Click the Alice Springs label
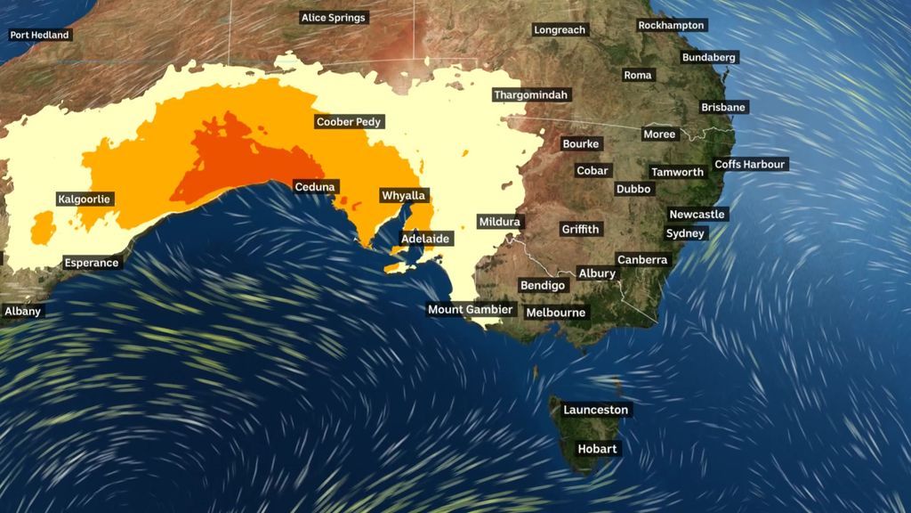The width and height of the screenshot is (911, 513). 334,18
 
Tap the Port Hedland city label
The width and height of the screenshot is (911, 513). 40,36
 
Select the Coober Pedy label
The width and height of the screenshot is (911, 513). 350,122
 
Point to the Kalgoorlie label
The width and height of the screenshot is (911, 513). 85,199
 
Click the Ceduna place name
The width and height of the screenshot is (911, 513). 315,187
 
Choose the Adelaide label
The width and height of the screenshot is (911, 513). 426,239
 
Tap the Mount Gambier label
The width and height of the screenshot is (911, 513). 471,310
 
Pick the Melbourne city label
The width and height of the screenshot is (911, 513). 556,313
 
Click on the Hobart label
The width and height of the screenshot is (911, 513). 597,449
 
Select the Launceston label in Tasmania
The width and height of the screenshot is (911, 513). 596,411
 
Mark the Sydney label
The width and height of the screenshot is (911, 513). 685,234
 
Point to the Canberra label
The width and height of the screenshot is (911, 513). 642,260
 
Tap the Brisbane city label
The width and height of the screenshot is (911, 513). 723,108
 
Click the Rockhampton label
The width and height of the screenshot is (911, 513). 672,26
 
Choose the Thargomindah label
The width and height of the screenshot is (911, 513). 531,95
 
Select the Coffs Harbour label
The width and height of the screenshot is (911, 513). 751,165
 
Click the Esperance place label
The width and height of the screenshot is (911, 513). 92,263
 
